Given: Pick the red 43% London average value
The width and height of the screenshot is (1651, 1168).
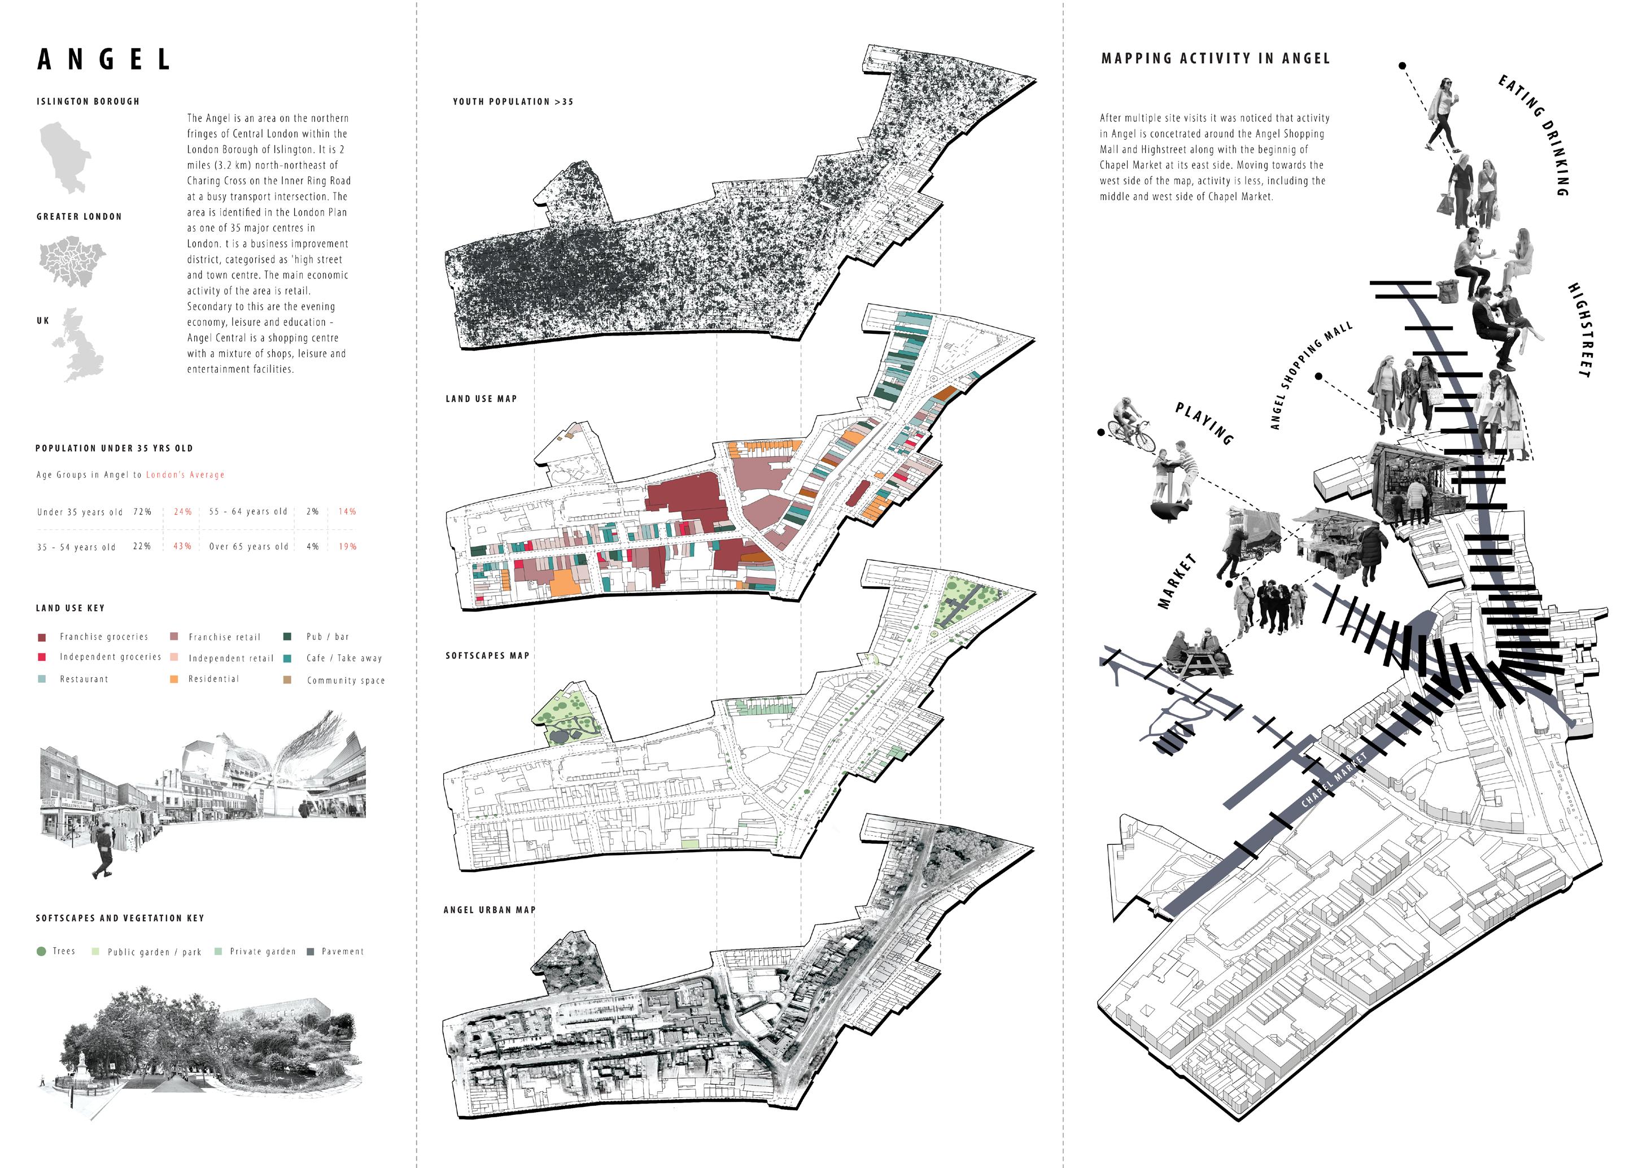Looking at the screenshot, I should point(182,547).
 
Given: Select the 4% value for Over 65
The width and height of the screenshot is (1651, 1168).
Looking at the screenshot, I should point(312,547).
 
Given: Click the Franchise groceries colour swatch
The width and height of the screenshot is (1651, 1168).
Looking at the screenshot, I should point(42,637).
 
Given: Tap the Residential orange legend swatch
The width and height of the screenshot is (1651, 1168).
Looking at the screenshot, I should point(174,679).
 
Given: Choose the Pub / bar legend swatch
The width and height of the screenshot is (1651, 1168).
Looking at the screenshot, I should point(287,637).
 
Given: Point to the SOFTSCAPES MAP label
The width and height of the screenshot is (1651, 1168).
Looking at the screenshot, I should point(487,656).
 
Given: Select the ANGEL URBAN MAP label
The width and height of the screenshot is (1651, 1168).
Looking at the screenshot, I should point(489,910).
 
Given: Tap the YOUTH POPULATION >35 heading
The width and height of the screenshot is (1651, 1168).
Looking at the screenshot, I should point(513,102).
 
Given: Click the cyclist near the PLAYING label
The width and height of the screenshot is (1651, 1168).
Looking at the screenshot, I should point(1130,424).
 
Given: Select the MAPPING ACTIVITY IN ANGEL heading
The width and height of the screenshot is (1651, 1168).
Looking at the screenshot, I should point(1215,59).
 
